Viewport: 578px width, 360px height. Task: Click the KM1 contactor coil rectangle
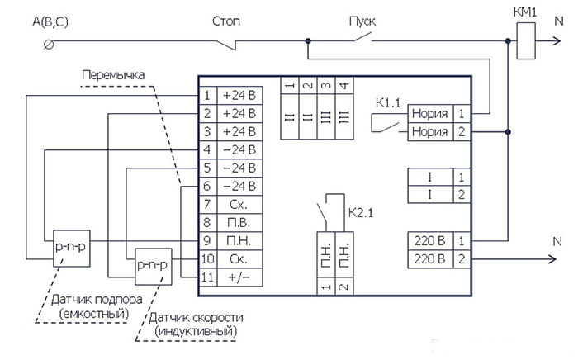coord(526,40)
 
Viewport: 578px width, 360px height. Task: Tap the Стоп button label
coord(226,21)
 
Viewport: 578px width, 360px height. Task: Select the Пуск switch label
coord(362,21)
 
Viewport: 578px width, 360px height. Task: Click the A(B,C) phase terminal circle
coord(49,45)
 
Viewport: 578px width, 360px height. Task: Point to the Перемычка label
coord(113,75)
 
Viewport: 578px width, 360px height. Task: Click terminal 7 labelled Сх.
coord(239,204)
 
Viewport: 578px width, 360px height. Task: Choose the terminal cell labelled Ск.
coord(239,259)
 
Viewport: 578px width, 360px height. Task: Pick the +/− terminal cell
coord(239,277)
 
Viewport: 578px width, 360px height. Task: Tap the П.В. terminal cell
coord(239,223)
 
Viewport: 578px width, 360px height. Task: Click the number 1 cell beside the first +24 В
coord(207,96)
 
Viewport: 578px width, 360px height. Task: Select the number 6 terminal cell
coord(207,186)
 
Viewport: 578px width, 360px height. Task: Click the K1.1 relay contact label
coord(388,103)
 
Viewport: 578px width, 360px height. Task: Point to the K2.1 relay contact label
coord(361,212)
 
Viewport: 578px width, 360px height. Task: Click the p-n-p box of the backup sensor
coord(72,249)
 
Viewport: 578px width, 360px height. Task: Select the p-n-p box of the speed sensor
coord(154,267)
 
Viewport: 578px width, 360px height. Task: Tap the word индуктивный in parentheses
coord(196,331)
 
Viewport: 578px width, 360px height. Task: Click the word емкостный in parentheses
coord(94,314)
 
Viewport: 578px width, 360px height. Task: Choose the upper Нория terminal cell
coord(430,113)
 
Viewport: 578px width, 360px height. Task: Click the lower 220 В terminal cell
coord(430,259)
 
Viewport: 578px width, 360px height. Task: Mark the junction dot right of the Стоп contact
coord(308,41)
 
